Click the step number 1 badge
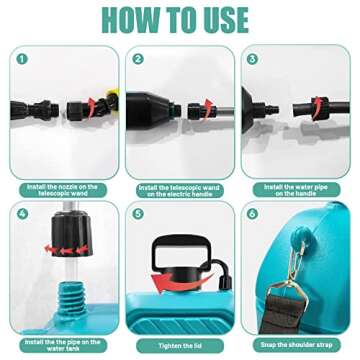click(20, 59)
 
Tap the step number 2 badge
click(138, 59)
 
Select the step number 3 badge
click(252, 59)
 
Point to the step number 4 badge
click(20, 214)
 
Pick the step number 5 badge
click(138, 214)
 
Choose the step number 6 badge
click(252, 214)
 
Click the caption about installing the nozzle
click(62, 188)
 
